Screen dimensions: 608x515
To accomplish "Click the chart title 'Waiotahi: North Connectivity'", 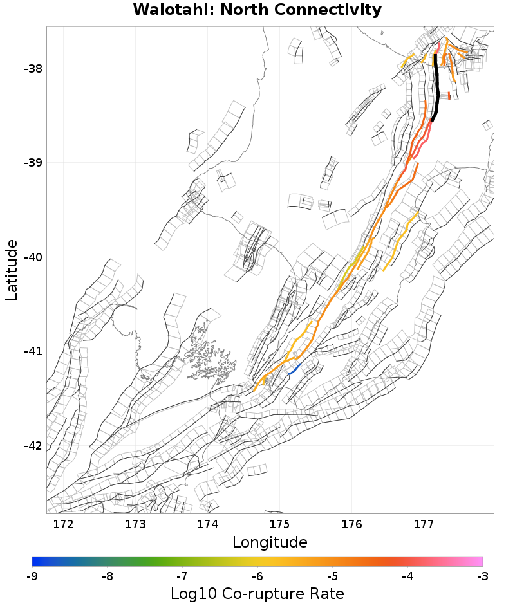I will coord(257,10).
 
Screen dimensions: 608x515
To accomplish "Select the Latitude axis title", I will coord(12,270).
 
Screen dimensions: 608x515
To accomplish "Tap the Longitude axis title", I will coord(270,542).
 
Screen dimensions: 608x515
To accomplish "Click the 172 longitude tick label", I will coord(64,524).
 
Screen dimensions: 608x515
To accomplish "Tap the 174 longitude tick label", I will coord(207,524).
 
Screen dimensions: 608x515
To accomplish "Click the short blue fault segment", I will coord(294,369).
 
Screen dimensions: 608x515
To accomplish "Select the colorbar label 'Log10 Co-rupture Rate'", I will coord(257,593).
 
